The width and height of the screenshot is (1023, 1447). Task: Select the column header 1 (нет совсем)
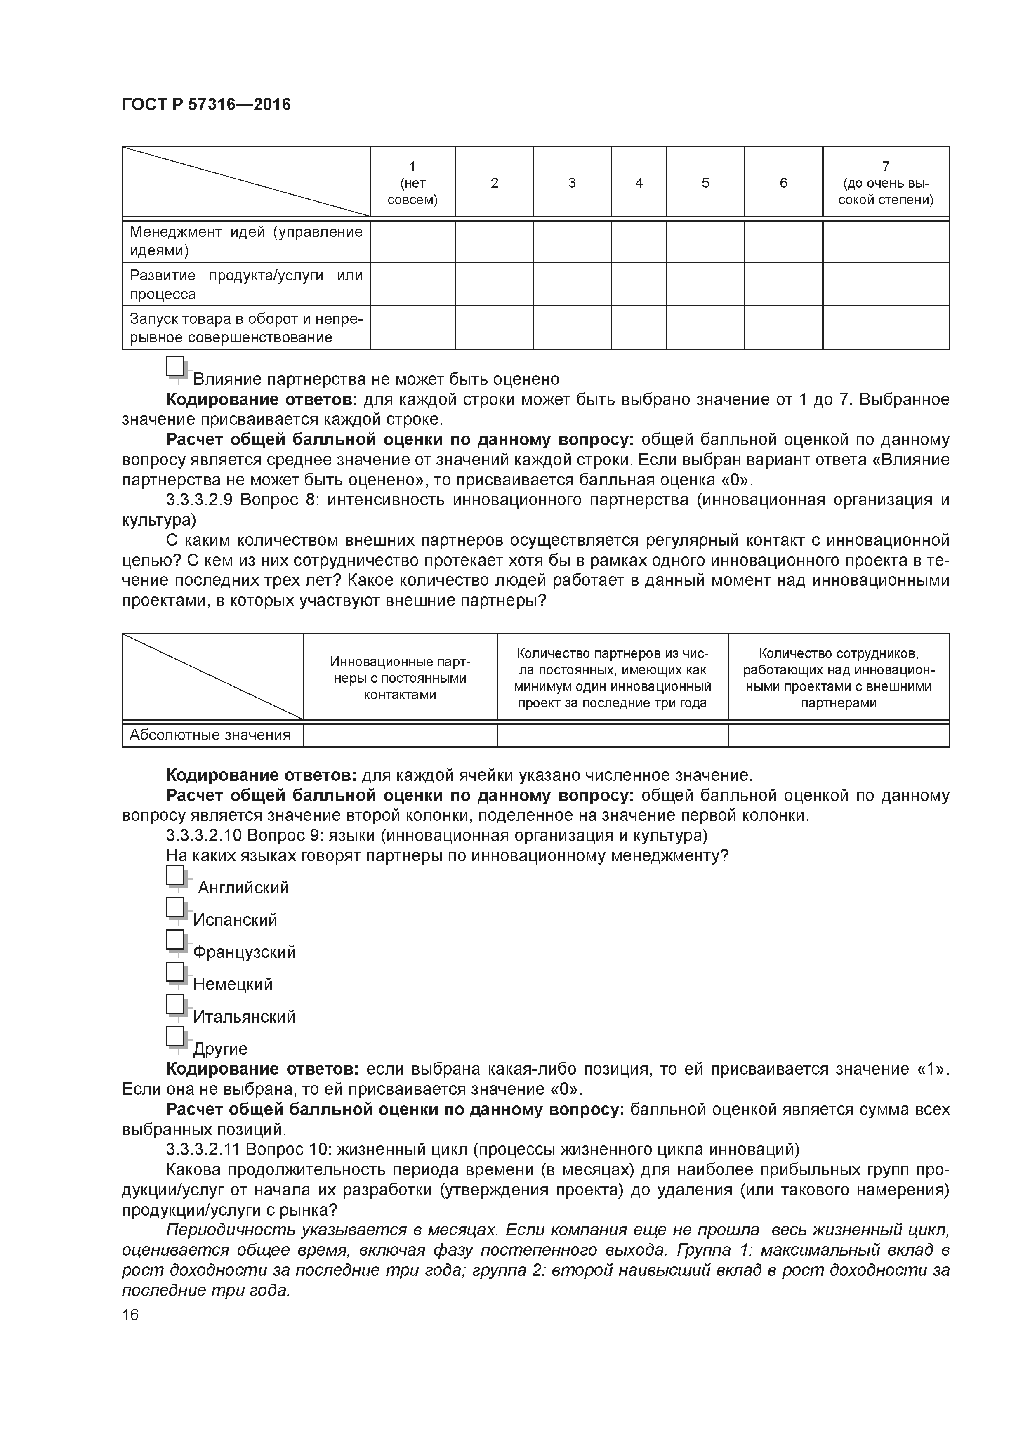pyautogui.click(x=412, y=183)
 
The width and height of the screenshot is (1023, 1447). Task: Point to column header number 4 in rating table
pyautogui.click(x=639, y=183)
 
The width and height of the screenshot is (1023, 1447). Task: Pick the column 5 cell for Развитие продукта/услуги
pyautogui.click(x=705, y=284)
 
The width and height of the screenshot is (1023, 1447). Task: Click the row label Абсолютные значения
pyautogui.click(x=210, y=735)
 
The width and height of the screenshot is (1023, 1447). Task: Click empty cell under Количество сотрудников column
pyautogui.click(x=838, y=735)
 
